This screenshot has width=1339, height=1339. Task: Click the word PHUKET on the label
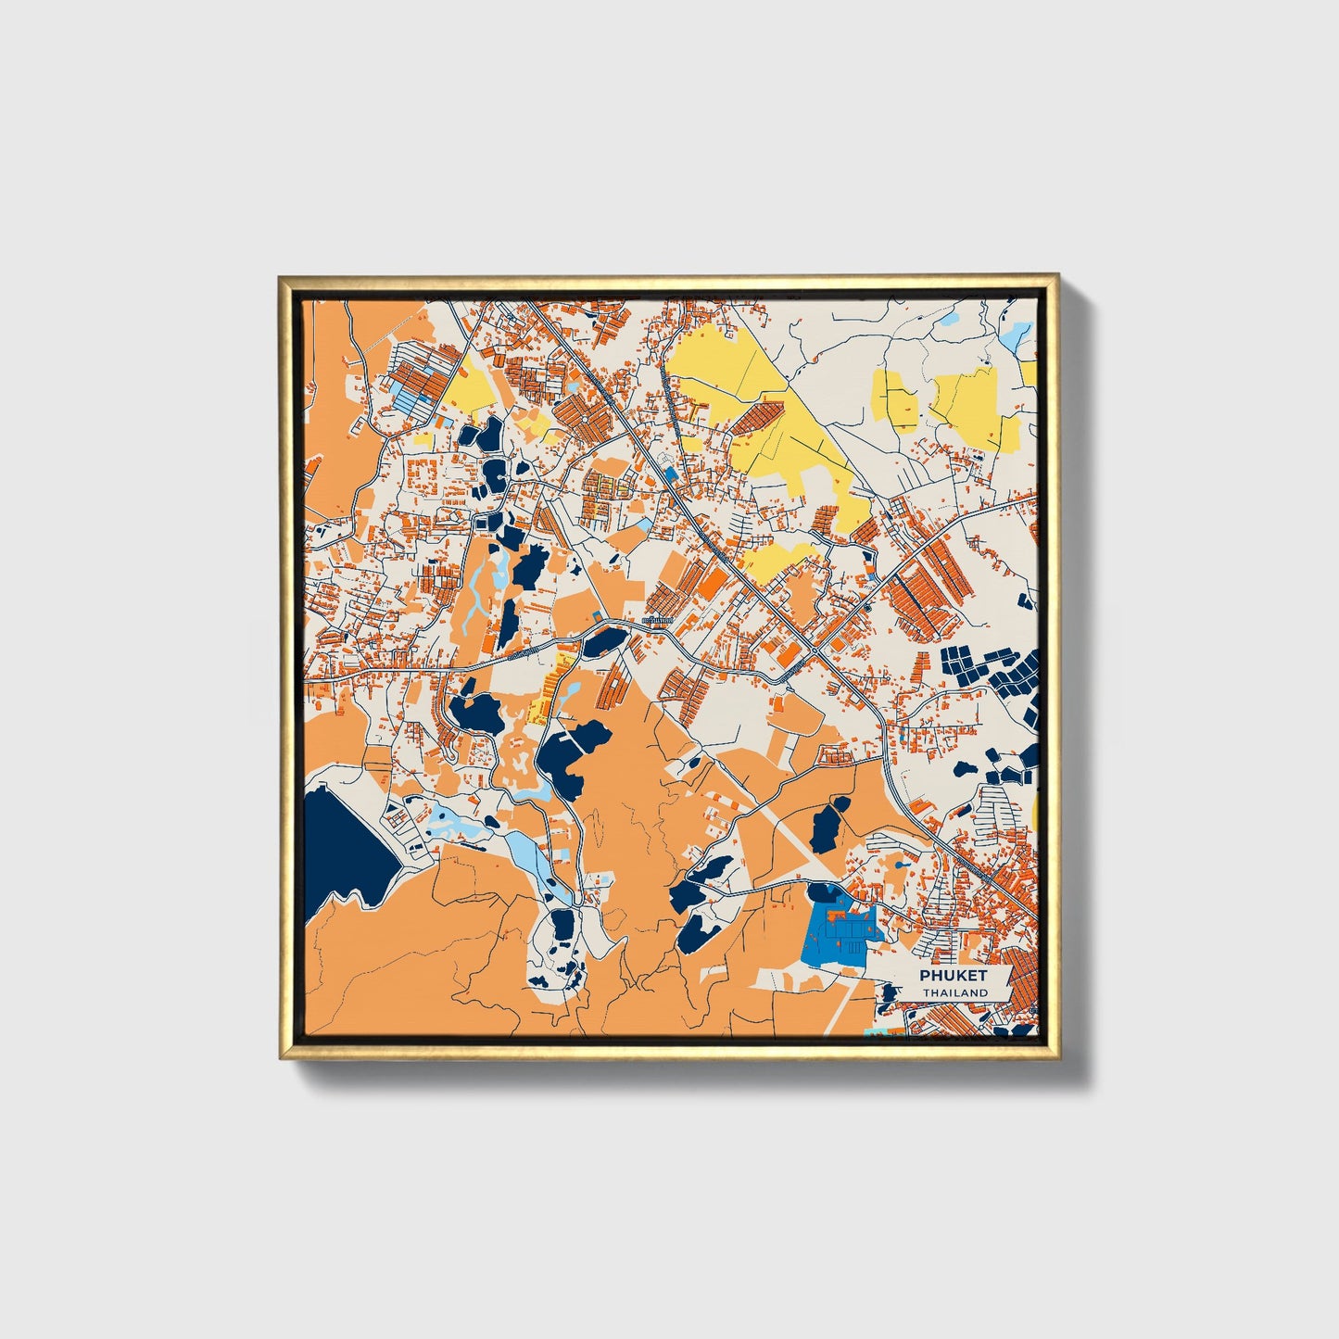(x=954, y=976)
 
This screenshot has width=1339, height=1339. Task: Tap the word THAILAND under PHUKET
(x=954, y=992)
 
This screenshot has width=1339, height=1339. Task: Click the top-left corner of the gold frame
(x=281, y=277)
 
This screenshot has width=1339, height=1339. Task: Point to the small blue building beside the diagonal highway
(x=671, y=474)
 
